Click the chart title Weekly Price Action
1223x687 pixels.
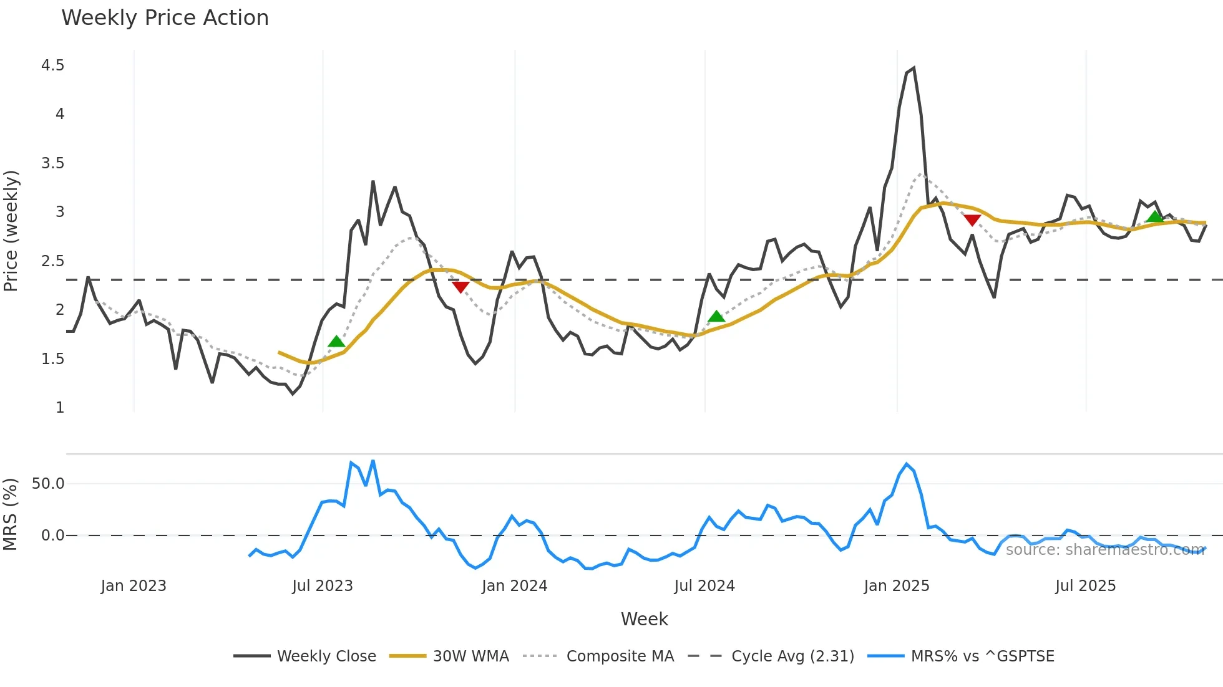click(165, 18)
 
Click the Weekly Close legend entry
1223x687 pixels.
click(326, 656)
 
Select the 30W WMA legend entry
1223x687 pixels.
click(470, 656)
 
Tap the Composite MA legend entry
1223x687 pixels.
click(620, 656)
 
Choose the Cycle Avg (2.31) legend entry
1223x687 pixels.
click(792, 656)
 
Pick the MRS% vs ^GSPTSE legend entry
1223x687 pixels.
click(982, 656)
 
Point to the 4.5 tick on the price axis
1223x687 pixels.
click(52, 65)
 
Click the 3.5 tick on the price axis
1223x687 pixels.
click(52, 163)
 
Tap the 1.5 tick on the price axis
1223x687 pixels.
click(52, 359)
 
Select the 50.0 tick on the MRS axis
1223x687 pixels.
click(48, 484)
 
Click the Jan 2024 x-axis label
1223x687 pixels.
click(514, 586)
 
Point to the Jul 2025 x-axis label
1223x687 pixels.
click(1085, 586)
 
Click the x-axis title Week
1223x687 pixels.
click(644, 619)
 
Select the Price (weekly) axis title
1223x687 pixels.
click(11, 231)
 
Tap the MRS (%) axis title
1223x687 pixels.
click(11, 514)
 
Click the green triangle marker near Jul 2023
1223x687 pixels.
click(336, 342)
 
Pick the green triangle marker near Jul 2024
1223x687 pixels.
click(716, 317)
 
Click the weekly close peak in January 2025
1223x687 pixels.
click(914, 68)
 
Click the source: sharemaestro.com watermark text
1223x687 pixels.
click(1104, 550)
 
